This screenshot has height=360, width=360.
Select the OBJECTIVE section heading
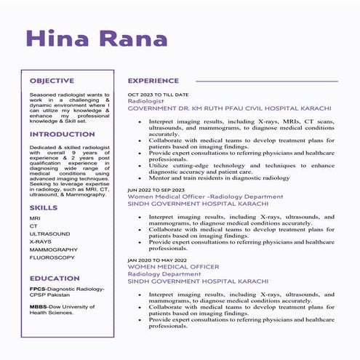[x=52, y=81]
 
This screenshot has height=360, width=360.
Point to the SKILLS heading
[x=44, y=208]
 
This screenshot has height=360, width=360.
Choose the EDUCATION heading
[x=55, y=278]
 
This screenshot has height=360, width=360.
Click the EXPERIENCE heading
[x=153, y=81]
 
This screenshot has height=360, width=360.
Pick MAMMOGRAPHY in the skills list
[x=53, y=249]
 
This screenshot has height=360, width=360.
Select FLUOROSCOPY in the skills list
[x=52, y=257]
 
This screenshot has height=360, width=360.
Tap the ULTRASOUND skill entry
[x=49, y=233]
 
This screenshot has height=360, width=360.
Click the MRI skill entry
[x=35, y=218]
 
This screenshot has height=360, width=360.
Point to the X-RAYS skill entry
[x=41, y=241]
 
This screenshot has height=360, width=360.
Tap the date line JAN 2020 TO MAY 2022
[x=158, y=260]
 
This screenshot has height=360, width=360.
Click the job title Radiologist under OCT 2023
[x=147, y=101]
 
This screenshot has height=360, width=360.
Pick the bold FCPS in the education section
[x=38, y=289]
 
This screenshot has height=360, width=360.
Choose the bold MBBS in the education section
[x=39, y=308]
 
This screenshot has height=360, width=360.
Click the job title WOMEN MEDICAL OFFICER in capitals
[x=173, y=267]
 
